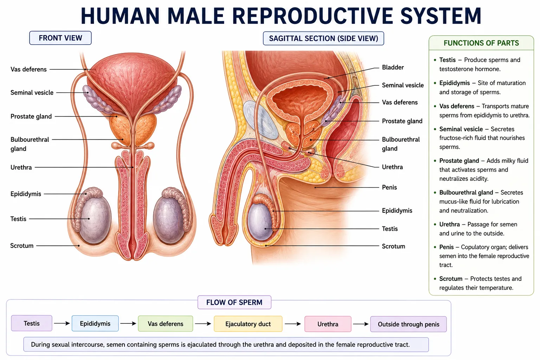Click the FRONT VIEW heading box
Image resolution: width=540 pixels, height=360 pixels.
[60, 38]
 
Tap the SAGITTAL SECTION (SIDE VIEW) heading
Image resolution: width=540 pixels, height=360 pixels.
[323, 38]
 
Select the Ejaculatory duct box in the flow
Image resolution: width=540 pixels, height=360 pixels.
[248, 324]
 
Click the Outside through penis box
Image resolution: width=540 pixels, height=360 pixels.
[409, 324]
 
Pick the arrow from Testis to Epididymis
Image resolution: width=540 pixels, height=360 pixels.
[62, 323]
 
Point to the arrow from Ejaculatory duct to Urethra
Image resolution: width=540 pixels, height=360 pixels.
[292, 324]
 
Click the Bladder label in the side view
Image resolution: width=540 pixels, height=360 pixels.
[393, 67]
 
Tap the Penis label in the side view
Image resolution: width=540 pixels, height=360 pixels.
[389, 187]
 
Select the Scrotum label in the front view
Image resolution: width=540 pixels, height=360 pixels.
[22, 246]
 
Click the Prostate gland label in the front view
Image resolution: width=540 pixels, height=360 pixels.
[31, 116]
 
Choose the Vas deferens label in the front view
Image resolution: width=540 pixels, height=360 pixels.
[28, 70]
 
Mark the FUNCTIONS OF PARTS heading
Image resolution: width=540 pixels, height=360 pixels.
[481, 43]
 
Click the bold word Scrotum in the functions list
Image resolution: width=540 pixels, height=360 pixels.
[451, 279]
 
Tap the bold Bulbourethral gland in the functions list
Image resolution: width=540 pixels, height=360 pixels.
[466, 192]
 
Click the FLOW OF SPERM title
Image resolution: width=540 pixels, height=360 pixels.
[234, 302]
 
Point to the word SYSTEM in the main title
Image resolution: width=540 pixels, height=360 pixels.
[441, 16]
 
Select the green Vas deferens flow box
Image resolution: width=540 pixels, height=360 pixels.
[165, 323]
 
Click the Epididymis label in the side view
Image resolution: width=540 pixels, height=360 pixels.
[397, 211]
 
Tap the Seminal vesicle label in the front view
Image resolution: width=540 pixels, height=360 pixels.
[32, 92]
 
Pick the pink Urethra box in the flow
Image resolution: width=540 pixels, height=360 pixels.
[328, 324]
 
